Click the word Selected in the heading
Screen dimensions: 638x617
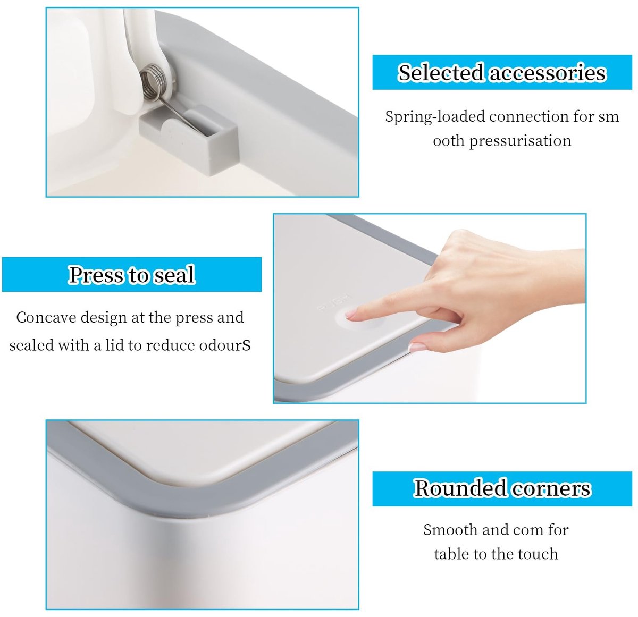point(441,72)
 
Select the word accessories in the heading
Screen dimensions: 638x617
point(547,73)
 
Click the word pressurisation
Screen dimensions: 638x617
point(520,141)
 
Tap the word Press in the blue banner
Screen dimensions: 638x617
point(97,275)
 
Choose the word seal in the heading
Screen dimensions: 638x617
point(175,275)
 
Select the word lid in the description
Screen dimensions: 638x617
point(114,345)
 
